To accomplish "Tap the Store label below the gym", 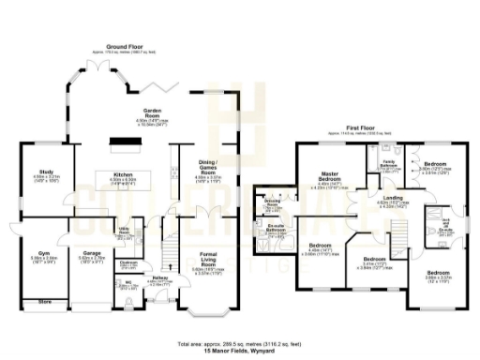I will [39, 302].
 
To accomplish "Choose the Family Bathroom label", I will [385, 163].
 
